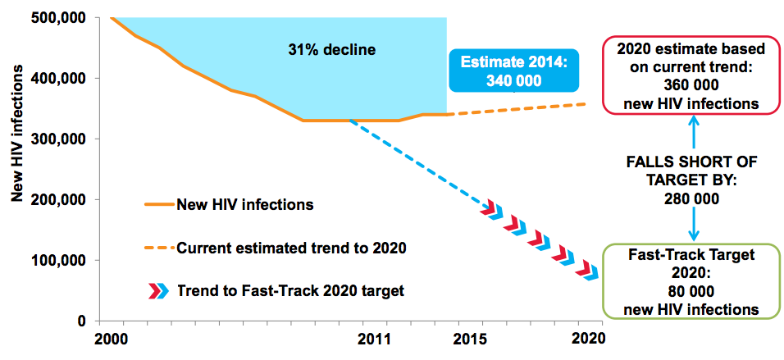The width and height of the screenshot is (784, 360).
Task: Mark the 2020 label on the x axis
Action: coord(587,338)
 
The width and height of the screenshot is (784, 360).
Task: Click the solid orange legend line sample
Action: coord(159,205)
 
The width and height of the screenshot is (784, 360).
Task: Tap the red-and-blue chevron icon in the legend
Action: coord(155,289)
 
